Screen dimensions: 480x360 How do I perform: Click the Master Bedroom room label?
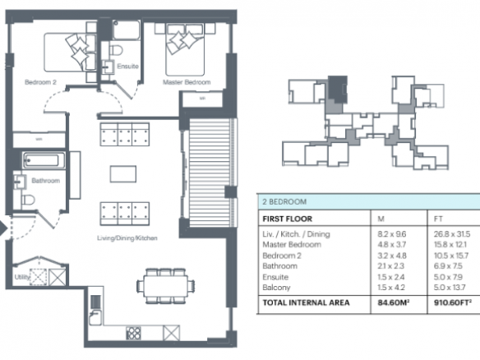pyautogui.click(x=187, y=82)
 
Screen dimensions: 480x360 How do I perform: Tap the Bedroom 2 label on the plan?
pyautogui.click(x=40, y=82)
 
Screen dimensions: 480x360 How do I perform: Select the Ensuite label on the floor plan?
pyautogui.click(x=127, y=66)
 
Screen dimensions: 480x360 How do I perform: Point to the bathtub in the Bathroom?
pyautogui.click(x=44, y=160)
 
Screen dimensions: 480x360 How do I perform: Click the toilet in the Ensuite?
pyautogui.click(x=116, y=50)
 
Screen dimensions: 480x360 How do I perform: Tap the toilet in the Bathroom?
pyautogui.click(x=28, y=200)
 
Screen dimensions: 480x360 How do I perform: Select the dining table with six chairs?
pyautogui.click(x=165, y=286)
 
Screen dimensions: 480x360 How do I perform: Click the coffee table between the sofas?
pyautogui.click(x=123, y=174)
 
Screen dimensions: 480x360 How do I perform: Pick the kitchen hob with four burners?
pyautogui.click(x=133, y=333)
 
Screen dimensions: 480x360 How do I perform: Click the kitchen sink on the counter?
pyautogui.click(x=95, y=317)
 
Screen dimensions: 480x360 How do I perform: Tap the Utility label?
pyautogui.click(x=21, y=277)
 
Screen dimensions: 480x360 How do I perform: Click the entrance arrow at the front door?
pyautogui.click(x=3, y=228)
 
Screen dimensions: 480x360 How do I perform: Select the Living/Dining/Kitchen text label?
pyautogui.click(x=127, y=238)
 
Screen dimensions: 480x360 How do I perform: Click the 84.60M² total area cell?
pyautogui.click(x=394, y=302)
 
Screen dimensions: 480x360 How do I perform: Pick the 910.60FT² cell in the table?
pyautogui.click(x=452, y=302)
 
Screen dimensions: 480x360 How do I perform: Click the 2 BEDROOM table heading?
pyautogui.click(x=284, y=201)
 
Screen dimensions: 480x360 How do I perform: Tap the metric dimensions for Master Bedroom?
pyautogui.click(x=391, y=245)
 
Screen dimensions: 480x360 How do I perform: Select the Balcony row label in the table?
pyautogui.click(x=276, y=288)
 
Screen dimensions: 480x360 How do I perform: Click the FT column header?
pyautogui.click(x=438, y=219)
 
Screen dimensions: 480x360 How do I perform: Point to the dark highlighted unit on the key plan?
pyautogui.click(x=337, y=89)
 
